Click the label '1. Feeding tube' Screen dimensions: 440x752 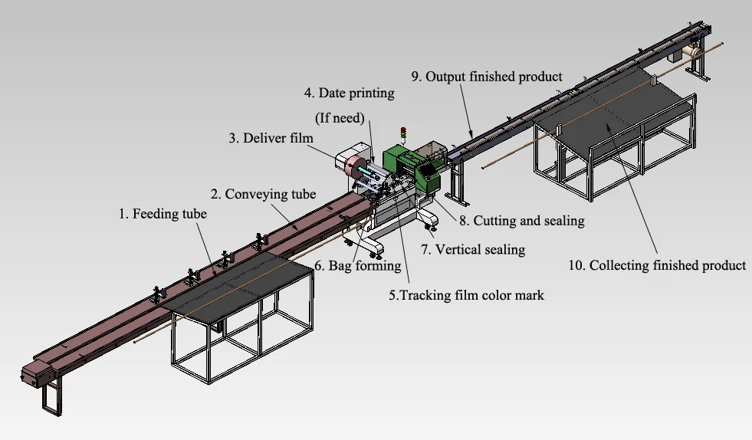(162, 215)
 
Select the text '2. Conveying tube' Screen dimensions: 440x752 (263, 194)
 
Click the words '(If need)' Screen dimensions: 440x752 (341, 118)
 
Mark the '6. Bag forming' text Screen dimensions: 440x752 (358, 266)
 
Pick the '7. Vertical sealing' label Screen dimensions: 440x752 (474, 249)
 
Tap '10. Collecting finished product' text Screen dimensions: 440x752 (656, 266)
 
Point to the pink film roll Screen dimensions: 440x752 (353, 166)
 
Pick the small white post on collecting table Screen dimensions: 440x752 (652, 80)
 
